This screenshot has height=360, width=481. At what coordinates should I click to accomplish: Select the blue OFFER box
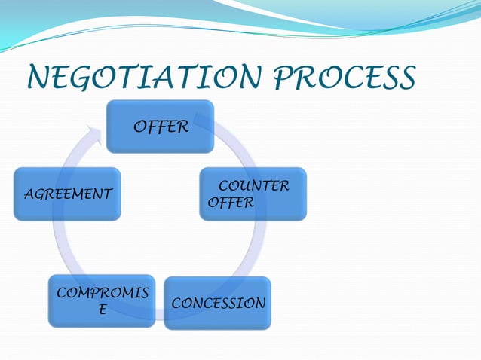tap(160, 126)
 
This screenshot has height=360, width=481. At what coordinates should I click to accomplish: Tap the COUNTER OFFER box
tap(253, 194)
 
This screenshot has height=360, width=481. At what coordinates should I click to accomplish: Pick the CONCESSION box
tap(217, 303)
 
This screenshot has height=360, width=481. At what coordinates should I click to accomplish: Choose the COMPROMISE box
tap(102, 301)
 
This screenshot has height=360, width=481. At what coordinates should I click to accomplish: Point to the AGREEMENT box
tap(67, 194)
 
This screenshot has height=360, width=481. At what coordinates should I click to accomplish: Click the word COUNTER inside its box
tap(253, 186)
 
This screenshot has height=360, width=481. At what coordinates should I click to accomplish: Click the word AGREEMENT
tap(68, 194)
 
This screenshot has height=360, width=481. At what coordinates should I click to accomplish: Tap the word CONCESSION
tap(219, 304)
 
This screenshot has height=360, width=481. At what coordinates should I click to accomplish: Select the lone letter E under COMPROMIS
tap(103, 310)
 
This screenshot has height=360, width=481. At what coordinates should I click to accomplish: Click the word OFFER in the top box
tap(161, 127)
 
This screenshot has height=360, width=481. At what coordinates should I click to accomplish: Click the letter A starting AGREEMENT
tap(28, 194)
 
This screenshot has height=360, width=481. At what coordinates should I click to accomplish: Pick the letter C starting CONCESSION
tap(177, 304)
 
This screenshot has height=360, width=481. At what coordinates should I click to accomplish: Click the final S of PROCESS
tap(406, 77)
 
